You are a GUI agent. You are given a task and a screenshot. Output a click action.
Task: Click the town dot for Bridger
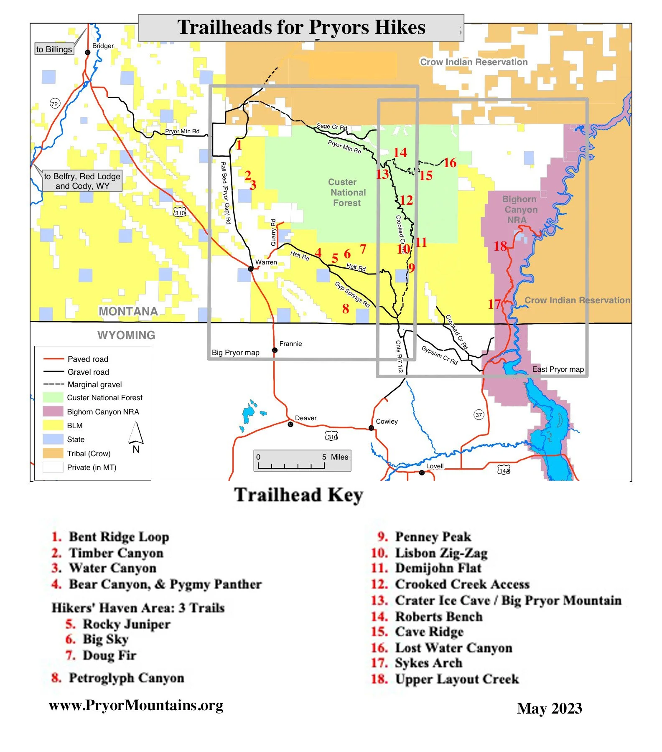(88, 52)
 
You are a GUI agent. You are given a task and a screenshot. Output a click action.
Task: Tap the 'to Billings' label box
(54, 49)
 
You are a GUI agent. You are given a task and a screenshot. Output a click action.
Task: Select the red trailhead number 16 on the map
(450, 163)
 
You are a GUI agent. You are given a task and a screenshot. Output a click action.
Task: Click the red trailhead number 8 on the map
(345, 309)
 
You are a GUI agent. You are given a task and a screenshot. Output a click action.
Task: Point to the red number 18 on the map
(500, 246)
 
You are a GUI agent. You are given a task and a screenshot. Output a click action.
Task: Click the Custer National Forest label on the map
(347, 193)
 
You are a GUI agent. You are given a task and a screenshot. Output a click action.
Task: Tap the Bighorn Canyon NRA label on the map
(519, 209)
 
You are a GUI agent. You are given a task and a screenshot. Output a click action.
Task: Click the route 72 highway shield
(55, 103)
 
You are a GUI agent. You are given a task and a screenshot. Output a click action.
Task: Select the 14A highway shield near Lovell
(504, 470)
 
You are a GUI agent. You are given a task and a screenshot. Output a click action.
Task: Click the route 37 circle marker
(479, 415)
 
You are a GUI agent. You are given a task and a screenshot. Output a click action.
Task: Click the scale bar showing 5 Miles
(302, 461)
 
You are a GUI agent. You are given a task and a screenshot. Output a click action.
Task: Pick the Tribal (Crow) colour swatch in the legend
(53, 453)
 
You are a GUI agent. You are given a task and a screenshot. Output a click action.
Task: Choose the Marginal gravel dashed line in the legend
(53, 384)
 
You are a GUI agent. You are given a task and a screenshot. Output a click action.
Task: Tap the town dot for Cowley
(371, 428)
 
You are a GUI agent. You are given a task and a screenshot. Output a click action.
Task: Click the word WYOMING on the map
(126, 335)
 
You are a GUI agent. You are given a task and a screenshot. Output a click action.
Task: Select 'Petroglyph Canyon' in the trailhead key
(126, 678)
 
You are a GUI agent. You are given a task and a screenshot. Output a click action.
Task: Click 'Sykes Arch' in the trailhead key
(428, 663)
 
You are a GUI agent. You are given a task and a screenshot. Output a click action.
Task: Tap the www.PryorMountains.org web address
(136, 705)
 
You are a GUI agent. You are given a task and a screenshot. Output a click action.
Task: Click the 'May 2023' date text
(549, 709)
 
